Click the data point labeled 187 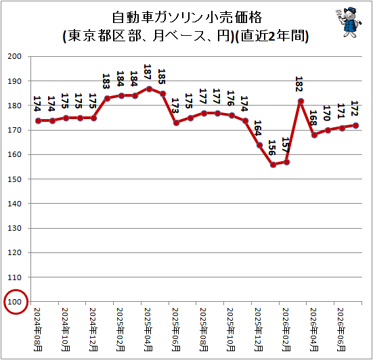tap(149, 89)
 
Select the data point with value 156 tap(273, 165)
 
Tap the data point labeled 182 tap(301, 102)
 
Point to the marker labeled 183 tap(107, 98)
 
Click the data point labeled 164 tap(259, 145)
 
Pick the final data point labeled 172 tap(355, 126)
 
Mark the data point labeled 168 tap(314, 135)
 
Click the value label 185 tap(162, 76)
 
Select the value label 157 tap(285, 145)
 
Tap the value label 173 tap(175, 106)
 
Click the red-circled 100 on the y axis tap(15, 302)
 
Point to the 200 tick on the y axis tap(15, 56)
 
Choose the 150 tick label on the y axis tap(15, 179)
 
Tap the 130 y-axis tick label tap(15, 228)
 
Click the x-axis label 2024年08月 tap(38, 330)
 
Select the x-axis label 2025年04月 tap(148, 330)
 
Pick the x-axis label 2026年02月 tap(286, 330)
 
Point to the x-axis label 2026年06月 tap(341, 330)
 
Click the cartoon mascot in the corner tap(349, 22)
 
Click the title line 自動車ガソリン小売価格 tap(187, 18)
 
